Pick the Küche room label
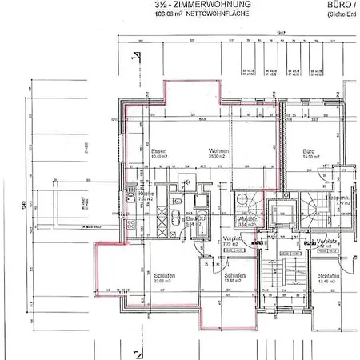click(146, 194)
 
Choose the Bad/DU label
click(194, 218)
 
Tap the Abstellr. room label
click(247, 218)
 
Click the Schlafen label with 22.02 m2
click(166, 274)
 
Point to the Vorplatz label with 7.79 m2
click(234, 239)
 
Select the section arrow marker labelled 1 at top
click(138, 57)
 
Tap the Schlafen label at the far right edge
click(330, 274)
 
